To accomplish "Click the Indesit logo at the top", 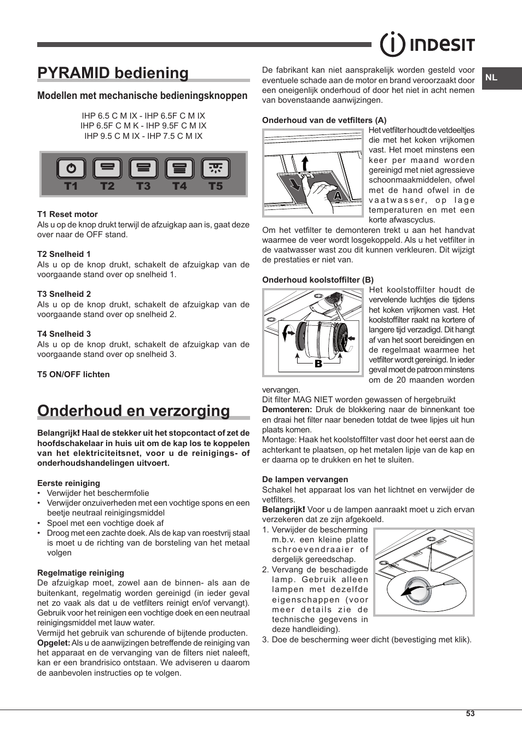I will (x=427, y=44).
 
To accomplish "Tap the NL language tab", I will (x=492, y=78).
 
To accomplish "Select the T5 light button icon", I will (x=215, y=168).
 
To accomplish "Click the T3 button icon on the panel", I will (x=143, y=168).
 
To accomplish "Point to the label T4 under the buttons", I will (x=179, y=186).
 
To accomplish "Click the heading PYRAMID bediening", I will (x=113, y=73).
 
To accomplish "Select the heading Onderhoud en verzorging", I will (x=134, y=411).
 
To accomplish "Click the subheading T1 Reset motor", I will (x=67, y=214).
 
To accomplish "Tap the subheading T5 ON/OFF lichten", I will (x=73, y=374).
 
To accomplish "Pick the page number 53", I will (x=470, y=713).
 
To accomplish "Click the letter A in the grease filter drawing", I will (x=338, y=195).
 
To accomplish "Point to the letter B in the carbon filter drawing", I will (x=318, y=364).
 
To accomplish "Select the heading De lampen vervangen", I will (x=305, y=479).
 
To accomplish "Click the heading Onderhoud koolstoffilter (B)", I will (x=317, y=280).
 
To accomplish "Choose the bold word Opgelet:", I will (x=54, y=643).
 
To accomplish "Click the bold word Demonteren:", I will (x=287, y=409).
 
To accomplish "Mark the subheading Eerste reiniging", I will (x=68, y=483).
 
